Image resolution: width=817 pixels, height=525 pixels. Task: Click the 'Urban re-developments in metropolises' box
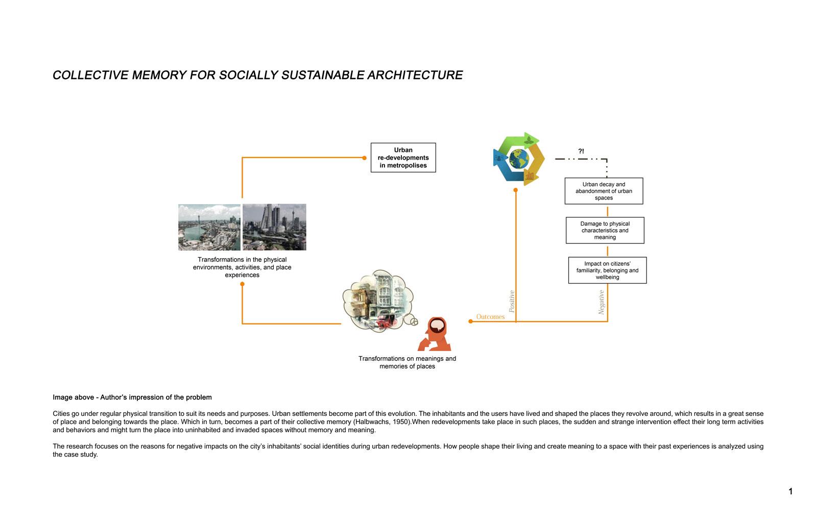click(403, 158)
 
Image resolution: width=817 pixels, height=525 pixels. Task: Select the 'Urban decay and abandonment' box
click(604, 191)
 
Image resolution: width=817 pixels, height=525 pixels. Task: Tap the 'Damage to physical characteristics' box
click(605, 230)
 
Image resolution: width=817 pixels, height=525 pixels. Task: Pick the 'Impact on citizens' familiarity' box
click(607, 270)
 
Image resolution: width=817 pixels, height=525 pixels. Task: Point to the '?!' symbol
click(581, 152)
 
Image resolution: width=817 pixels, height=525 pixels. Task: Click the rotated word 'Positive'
click(512, 302)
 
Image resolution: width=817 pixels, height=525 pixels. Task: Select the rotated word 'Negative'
click(602, 302)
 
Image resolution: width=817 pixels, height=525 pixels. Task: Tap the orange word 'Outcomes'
click(490, 317)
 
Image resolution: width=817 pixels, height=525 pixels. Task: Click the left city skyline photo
click(209, 227)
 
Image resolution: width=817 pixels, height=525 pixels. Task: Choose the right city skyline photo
click(274, 227)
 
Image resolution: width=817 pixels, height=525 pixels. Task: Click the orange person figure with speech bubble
click(436, 334)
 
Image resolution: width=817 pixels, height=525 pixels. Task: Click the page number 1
click(790, 492)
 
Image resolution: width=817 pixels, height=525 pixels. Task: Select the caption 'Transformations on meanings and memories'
click(407, 362)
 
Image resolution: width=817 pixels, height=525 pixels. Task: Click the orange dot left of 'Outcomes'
click(470, 321)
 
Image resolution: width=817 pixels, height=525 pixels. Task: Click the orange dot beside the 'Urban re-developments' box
click(364, 158)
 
